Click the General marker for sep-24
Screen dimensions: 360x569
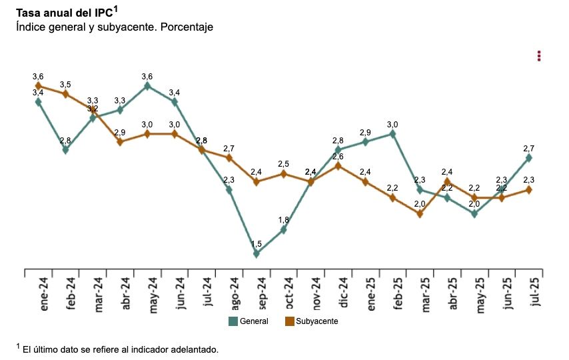pyautogui.click(x=257, y=253)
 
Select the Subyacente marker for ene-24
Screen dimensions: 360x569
pyautogui.click(x=38, y=86)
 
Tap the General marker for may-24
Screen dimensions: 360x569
pyautogui.click(x=147, y=86)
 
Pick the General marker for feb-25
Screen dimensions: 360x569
pyautogui.click(x=392, y=133)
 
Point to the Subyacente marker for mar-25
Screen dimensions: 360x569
pyautogui.click(x=420, y=213)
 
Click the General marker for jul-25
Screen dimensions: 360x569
pyautogui.click(x=529, y=158)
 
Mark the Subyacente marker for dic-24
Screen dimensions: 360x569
pyautogui.click(x=338, y=165)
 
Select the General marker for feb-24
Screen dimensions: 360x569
pyautogui.click(x=65, y=150)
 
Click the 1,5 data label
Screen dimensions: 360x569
pyautogui.click(x=257, y=244)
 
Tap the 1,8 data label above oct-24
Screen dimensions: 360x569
pyautogui.click(x=284, y=220)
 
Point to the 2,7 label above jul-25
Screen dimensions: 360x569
pyautogui.click(x=529, y=148)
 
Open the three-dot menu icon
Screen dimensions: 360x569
pyautogui.click(x=539, y=56)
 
